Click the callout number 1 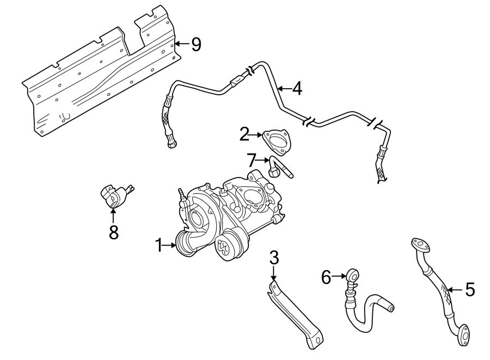(x=158, y=246)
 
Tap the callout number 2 (x=245, y=134)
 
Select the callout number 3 (x=274, y=257)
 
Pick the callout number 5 (x=469, y=290)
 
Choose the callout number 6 (x=326, y=278)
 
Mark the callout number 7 (x=251, y=160)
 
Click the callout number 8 (x=113, y=232)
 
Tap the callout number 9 (x=195, y=44)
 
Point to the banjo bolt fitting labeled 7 (x=278, y=169)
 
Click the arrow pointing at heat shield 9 (x=181, y=44)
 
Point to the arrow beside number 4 (x=283, y=88)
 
